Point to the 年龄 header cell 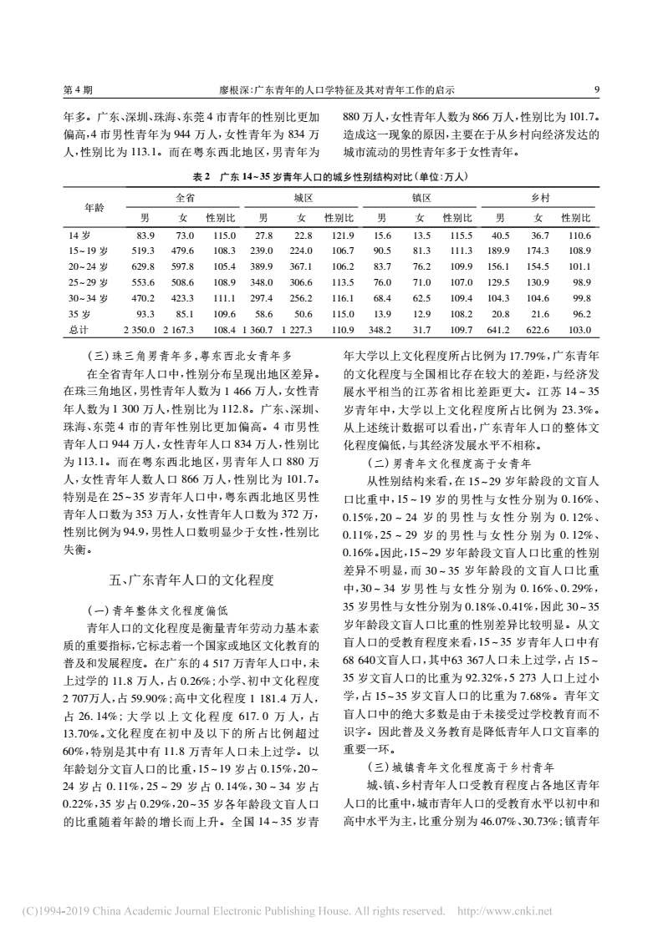click(x=94, y=208)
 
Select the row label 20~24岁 click(x=89, y=266)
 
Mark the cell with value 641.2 click(x=499, y=330)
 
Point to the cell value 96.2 click(x=580, y=314)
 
